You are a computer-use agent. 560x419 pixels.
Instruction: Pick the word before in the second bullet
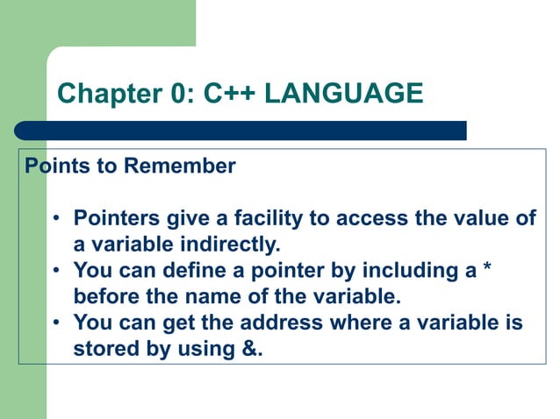click(105, 297)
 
